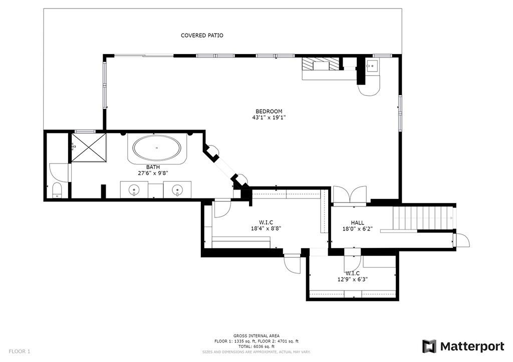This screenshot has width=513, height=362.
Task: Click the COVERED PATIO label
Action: tap(202, 35)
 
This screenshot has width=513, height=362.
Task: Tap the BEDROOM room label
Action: tap(269, 111)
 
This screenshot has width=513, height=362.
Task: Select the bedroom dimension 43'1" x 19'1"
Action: tap(269, 118)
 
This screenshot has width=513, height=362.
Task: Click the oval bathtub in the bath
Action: tap(157, 148)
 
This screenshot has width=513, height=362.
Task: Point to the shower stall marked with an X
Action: tap(89, 147)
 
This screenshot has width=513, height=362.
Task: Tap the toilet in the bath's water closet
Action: tap(56, 190)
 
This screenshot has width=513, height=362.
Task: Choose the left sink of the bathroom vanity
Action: tap(134, 190)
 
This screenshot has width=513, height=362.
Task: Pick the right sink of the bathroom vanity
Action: tap(177, 190)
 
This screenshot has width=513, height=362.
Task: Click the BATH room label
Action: tap(153, 167)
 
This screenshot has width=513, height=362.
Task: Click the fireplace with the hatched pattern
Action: tap(320, 64)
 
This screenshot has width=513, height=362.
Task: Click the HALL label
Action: tap(357, 223)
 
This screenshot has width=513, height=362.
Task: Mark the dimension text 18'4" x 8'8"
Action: tap(266, 228)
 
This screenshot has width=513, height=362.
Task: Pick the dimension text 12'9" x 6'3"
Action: tap(352, 280)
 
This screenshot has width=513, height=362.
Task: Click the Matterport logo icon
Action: tap(429, 346)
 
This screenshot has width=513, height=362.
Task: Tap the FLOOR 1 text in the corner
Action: tap(20, 351)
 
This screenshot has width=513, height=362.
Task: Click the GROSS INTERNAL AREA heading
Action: tap(256, 335)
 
